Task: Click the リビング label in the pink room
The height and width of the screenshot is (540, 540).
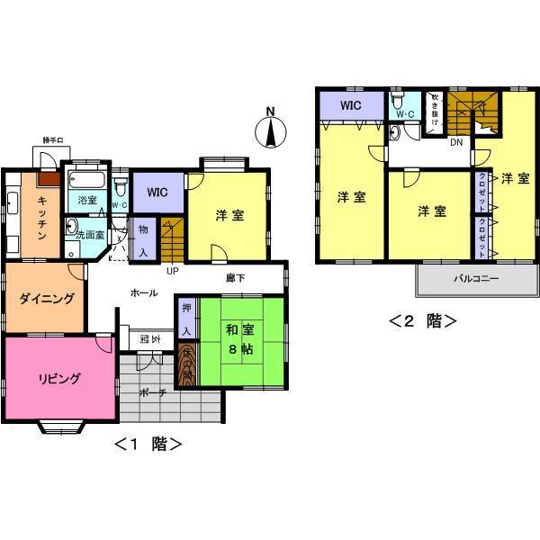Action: click(59, 378)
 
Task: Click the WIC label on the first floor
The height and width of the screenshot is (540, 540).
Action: click(158, 192)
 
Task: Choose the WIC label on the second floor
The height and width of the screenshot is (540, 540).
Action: click(351, 104)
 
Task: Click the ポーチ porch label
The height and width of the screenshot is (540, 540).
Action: click(151, 392)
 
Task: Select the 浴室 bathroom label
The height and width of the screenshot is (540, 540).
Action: click(86, 199)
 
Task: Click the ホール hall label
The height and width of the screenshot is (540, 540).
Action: click(144, 292)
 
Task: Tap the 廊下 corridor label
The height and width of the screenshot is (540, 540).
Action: click(237, 278)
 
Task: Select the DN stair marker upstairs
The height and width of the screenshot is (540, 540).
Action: click(456, 143)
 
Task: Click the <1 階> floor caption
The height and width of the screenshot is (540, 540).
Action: click(149, 443)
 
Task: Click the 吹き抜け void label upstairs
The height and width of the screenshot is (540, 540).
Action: click(435, 112)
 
